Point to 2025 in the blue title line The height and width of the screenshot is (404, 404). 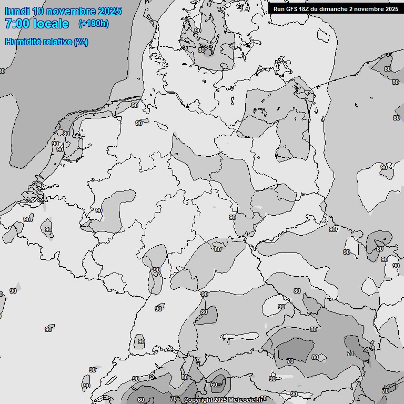(x=109, y=11)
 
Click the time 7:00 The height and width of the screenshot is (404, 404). (x=17, y=24)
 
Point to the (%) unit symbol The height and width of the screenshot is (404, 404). (x=81, y=42)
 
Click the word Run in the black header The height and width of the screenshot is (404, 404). (x=279, y=9)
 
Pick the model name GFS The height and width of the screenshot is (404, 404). (x=293, y=9)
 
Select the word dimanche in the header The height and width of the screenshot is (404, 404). (x=335, y=9)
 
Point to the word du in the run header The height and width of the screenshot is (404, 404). (x=318, y=9)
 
